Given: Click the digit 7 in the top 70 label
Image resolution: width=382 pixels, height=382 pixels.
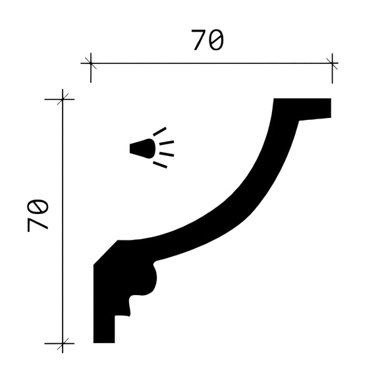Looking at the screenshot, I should tap(199, 41).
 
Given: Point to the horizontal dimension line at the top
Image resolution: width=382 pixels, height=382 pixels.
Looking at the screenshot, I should tap(211, 64).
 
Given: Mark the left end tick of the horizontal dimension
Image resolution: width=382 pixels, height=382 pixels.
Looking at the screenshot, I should tap(90, 64).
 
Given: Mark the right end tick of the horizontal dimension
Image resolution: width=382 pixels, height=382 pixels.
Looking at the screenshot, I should tap(332, 64).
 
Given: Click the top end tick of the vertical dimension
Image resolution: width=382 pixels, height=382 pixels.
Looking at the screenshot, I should tap(63, 99).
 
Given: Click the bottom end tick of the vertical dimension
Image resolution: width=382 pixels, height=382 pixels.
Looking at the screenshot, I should tap(63, 343).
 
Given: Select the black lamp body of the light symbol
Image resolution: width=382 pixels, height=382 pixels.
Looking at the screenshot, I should tap(142, 149).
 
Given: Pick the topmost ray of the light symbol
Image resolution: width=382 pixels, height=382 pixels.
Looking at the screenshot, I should tap(160, 131).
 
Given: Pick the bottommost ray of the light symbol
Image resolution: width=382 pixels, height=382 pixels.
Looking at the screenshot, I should tap(160, 165).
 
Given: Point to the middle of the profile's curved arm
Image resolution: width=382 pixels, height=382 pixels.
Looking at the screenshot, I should tap(231, 204).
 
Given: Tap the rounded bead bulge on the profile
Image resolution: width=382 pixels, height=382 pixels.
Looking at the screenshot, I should tap(150, 280).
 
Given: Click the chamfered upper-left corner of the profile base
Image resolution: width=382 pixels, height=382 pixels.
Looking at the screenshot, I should tap(105, 253).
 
